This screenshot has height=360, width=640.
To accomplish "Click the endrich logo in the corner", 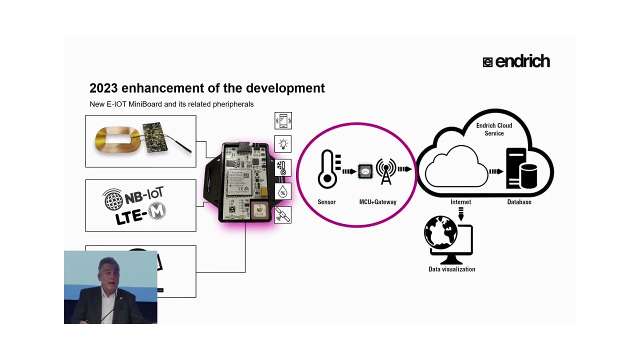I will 516,61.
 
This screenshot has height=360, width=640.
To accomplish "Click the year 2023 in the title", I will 103,88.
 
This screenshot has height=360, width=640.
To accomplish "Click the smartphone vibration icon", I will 283,121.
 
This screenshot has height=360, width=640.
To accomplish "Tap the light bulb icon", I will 283,144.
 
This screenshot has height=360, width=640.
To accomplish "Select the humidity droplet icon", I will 283,191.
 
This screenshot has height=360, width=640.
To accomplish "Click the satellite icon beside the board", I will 283,215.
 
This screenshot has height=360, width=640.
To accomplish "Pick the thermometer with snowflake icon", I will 283,168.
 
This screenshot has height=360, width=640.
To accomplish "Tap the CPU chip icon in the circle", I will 365,171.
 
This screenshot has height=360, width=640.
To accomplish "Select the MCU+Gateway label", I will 377,202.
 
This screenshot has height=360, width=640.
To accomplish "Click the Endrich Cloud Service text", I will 494,129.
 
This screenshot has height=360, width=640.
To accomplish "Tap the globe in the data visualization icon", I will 440,232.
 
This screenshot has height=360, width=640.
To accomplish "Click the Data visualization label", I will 451,269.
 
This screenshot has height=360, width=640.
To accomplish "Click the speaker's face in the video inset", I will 108,272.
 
